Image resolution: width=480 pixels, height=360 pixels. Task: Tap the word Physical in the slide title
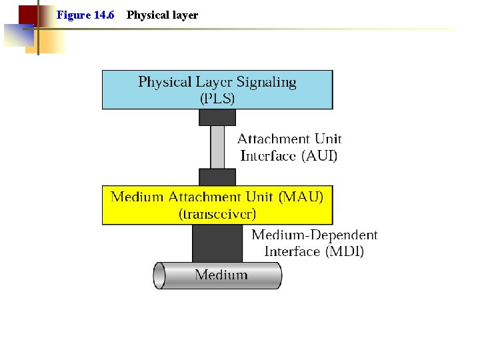point(144,15)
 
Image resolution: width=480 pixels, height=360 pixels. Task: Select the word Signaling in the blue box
point(266,82)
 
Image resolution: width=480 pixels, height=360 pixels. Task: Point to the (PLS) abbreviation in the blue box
point(217,98)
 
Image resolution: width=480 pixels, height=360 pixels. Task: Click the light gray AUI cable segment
point(217,147)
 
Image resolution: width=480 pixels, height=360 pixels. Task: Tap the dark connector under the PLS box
point(217,117)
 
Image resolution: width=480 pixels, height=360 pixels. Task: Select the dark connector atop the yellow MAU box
point(217,177)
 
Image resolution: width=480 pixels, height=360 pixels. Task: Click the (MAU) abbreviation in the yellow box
point(301,197)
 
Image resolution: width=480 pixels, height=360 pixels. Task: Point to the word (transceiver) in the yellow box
point(217,214)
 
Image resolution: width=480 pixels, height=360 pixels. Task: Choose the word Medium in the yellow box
point(136,197)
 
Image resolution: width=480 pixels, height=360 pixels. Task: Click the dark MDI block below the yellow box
point(217,243)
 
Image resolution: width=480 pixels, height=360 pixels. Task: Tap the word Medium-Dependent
point(315,235)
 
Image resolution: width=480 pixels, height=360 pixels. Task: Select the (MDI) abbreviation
point(344,251)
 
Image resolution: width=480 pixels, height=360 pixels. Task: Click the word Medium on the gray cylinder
point(221,275)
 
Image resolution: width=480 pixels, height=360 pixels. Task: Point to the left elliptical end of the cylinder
point(159,275)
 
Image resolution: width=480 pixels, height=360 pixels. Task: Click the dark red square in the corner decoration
point(27,14)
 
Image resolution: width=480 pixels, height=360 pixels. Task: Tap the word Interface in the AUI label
point(268,156)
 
